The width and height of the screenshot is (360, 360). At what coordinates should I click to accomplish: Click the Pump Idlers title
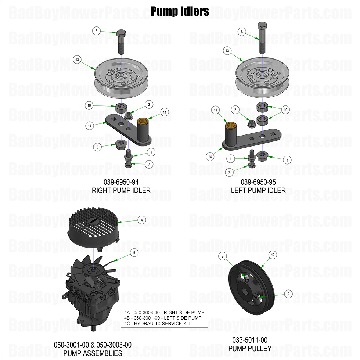coord(180,11)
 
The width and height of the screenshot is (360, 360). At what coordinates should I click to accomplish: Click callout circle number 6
coord(96,31)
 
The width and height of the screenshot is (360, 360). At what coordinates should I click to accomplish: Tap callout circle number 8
coord(242,32)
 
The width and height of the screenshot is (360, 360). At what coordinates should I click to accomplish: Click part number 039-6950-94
coord(121,182)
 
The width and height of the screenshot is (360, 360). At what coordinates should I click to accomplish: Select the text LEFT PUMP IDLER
coord(258,190)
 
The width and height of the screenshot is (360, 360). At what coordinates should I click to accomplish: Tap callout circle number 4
coord(141,220)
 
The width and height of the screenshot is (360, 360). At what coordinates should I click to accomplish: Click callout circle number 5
coord(134,252)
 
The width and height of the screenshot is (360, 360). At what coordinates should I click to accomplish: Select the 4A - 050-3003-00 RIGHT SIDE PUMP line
coord(164,312)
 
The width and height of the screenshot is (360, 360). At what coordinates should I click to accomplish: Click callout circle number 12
coord(273,255)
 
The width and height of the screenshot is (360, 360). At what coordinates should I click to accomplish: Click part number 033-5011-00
coord(250,340)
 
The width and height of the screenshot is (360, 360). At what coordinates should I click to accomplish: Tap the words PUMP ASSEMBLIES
coord(93,353)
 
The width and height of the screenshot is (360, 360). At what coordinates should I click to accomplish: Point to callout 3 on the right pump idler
coord(97,147)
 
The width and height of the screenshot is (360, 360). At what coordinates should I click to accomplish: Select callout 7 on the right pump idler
coord(149,164)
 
